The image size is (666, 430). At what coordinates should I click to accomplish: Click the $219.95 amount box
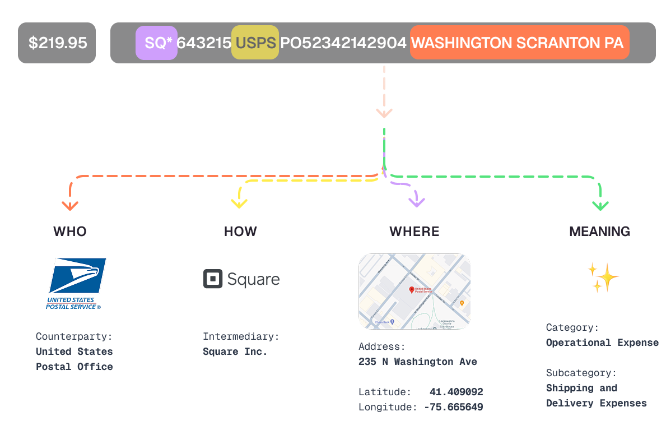coord(57,43)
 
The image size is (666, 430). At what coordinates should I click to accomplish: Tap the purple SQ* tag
coord(156,43)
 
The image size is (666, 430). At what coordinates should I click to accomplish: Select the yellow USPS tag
coord(255,43)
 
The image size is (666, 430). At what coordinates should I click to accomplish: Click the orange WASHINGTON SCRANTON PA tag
coord(519,43)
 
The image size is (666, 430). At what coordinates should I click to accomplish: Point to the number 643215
coord(204,43)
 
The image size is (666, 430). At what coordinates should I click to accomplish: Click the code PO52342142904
coord(343,43)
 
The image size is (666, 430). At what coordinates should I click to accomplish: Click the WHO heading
coord(70,232)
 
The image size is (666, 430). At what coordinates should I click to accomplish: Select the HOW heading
coord(240,232)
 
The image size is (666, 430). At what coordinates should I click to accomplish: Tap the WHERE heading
coord(414,232)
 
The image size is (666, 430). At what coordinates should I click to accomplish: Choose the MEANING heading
coord(599,232)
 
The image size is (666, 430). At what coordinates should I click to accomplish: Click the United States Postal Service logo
coord(76,283)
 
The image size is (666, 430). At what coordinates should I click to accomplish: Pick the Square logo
coord(241,279)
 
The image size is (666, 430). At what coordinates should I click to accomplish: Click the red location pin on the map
coord(412,290)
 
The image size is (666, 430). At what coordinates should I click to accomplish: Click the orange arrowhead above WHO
coord(70,205)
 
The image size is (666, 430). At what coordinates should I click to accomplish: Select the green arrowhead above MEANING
coord(600,205)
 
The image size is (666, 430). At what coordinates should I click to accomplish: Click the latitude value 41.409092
coord(456,392)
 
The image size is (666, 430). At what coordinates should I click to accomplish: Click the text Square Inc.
coord(235,352)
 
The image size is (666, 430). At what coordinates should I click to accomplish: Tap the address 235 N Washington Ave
coord(417,362)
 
